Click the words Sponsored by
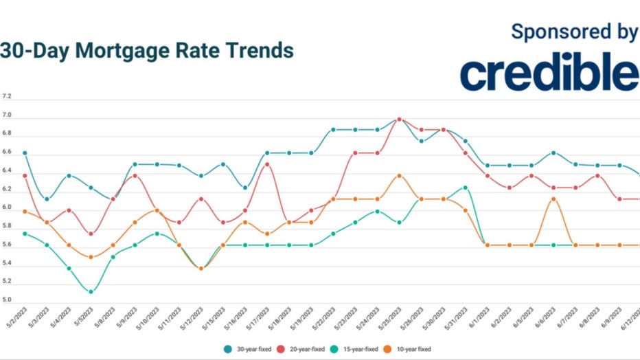pyautogui.click(x=574, y=32)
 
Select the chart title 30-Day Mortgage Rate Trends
pyautogui.click(x=147, y=51)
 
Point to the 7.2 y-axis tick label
pyautogui.click(x=7, y=97)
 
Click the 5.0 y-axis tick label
pyautogui.click(x=7, y=300)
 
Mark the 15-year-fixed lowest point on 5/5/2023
pyautogui.click(x=91, y=292)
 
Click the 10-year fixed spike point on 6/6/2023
pyautogui.click(x=553, y=199)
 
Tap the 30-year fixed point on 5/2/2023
pyautogui.click(x=25, y=153)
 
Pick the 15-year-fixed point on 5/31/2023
pyautogui.click(x=466, y=188)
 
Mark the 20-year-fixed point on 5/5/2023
pyautogui.click(x=91, y=234)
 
